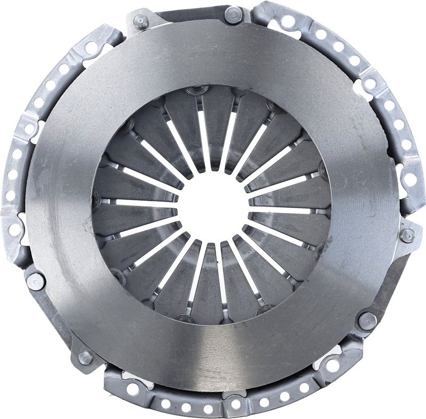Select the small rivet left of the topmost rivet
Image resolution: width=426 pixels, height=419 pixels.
click(141, 22)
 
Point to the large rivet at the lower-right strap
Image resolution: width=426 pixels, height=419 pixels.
click(367, 320)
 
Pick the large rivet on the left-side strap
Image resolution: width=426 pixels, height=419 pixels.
click(36, 281)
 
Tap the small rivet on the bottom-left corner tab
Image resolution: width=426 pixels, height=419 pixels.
click(85, 357)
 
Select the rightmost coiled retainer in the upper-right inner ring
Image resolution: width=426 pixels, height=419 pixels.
click(323, 170)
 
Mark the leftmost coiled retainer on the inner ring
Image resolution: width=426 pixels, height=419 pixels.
click(96, 200)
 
